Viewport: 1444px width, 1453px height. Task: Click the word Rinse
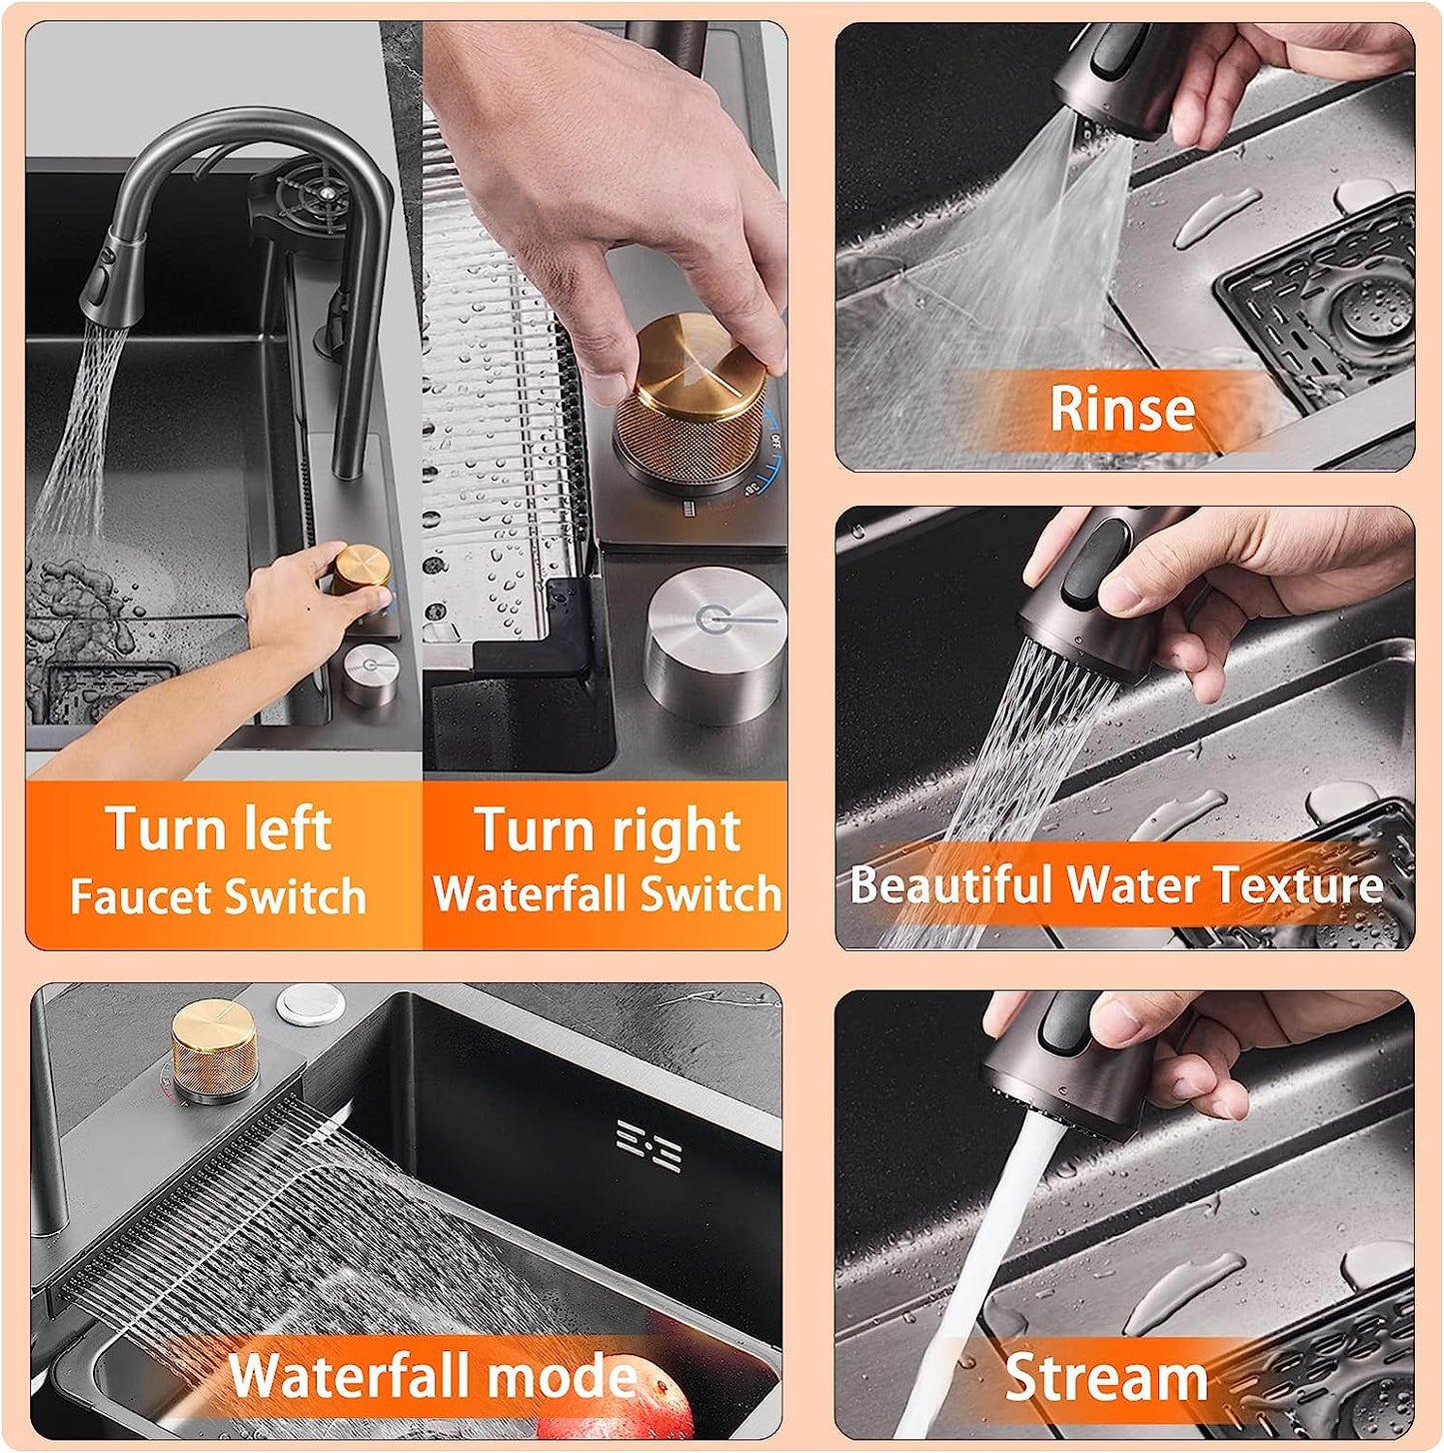coord(1122,408)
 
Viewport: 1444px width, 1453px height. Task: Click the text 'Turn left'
coord(220,827)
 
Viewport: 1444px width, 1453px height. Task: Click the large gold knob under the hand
coord(693,407)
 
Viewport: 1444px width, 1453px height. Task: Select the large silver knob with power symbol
coord(716,644)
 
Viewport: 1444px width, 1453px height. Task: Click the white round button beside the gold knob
coord(311,1003)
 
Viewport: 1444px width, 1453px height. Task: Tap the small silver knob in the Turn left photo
coord(370,675)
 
